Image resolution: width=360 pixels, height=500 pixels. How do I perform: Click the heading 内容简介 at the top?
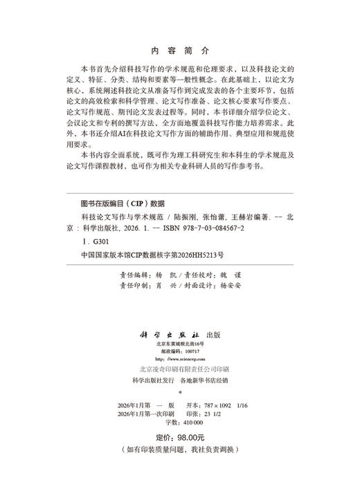(180, 51)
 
